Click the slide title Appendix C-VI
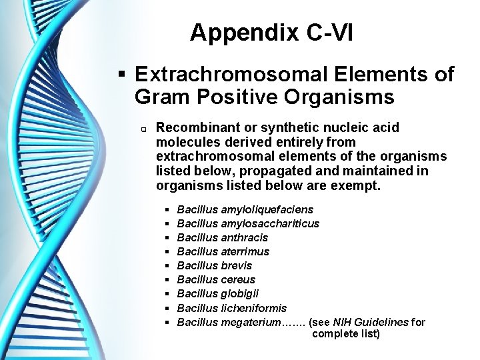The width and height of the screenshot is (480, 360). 271,33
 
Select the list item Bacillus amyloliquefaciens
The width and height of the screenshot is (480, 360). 245,209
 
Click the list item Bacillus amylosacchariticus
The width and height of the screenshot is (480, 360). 248,223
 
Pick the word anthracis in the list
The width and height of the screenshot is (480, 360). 243,237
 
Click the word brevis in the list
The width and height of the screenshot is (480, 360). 237,265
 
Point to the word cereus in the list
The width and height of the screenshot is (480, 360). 237,279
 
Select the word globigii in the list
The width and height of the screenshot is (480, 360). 239,293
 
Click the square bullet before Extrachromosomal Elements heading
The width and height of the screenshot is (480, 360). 121,75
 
